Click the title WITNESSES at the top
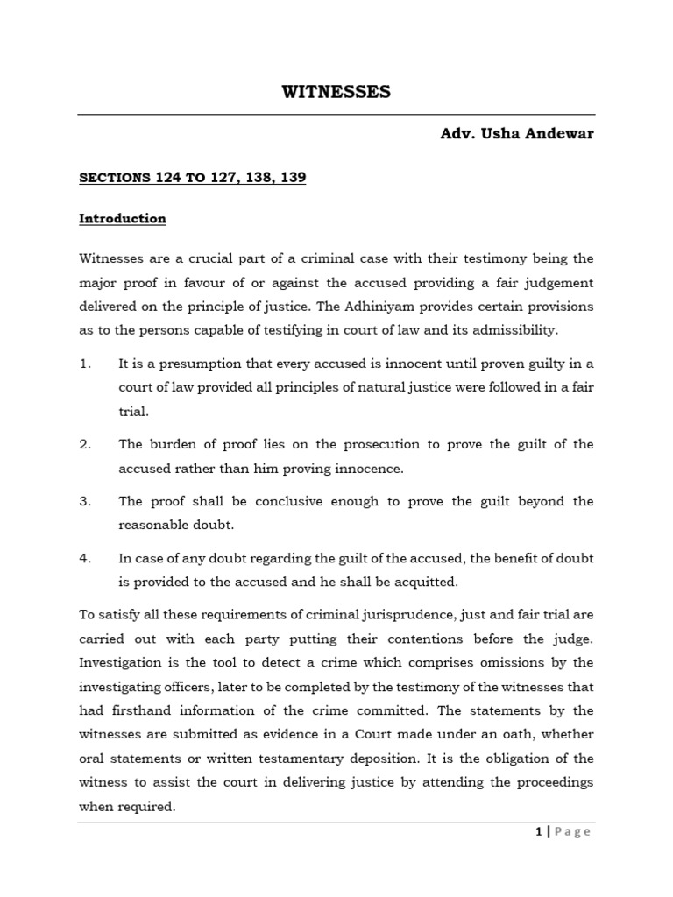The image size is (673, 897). point(336,92)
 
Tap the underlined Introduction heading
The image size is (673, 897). point(123,218)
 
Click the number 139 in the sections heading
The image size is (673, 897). point(292,177)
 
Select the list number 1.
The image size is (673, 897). point(85,363)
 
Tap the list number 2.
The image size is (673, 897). point(85,444)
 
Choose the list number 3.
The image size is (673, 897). point(85,501)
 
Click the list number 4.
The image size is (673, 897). point(85,558)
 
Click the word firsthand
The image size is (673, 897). point(154,710)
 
